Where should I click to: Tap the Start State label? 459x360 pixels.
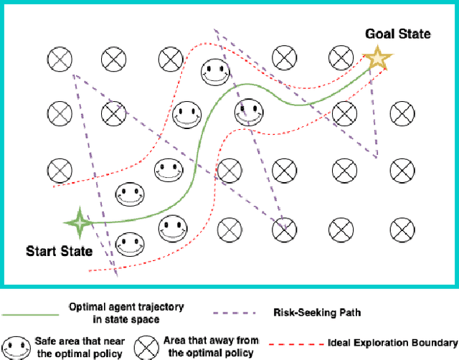pyautogui.click(x=60, y=251)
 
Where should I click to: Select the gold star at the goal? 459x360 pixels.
pyautogui.click(x=375, y=59)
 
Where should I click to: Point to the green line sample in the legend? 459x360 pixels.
pyautogui.click(x=30, y=313)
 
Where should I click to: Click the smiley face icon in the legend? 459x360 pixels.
pyautogui.click(x=15, y=345)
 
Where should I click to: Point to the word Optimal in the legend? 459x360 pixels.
pyautogui.click(x=90, y=307)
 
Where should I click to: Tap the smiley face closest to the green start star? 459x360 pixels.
pyautogui.click(x=130, y=194)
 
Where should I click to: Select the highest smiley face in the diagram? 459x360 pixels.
pyautogui.click(x=214, y=71)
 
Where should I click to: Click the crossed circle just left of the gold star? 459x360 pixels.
pyautogui.click(x=339, y=57)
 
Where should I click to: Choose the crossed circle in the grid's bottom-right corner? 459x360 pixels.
pyautogui.click(x=402, y=229)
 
